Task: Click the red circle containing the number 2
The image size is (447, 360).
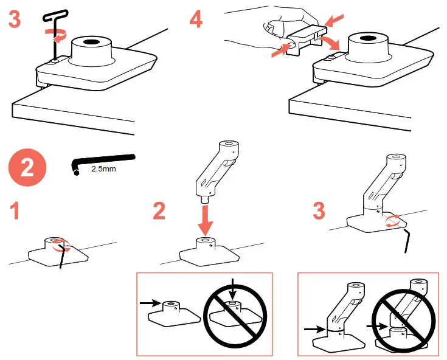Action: tap(28, 168)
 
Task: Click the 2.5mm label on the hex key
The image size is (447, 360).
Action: tap(103, 170)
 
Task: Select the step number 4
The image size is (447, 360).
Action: tap(195, 20)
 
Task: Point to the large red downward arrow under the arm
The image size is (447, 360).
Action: tap(207, 220)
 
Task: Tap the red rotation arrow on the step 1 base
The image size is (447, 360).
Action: tap(61, 246)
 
